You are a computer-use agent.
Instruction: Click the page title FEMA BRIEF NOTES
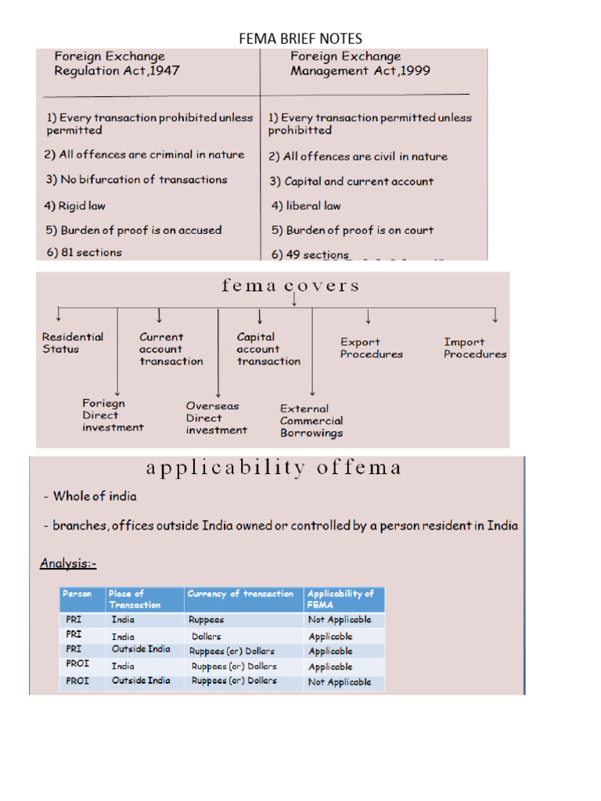(300, 38)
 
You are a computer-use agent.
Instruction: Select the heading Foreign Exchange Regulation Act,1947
(117, 63)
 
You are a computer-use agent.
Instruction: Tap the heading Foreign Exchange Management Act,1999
(360, 63)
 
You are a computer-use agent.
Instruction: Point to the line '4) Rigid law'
(75, 206)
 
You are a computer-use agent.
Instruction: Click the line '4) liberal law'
(306, 206)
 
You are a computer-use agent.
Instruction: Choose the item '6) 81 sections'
(84, 252)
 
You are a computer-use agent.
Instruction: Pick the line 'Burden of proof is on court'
(352, 230)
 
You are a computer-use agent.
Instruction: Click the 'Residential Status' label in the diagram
(73, 343)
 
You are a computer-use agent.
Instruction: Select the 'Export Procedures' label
(372, 348)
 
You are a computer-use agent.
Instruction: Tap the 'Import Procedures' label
(475, 348)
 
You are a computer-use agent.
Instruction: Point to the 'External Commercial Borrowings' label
(311, 420)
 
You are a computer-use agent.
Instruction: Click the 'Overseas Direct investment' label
(216, 418)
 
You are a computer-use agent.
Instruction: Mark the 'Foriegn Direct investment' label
(113, 415)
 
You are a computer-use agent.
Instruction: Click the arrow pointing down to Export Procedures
(368, 316)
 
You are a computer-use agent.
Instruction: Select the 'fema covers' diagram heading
(290, 286)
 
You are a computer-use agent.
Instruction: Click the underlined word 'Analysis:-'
(68, 563)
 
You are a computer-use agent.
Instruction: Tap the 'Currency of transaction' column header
(241, 594)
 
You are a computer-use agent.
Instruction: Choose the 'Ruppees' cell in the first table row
(207, 619)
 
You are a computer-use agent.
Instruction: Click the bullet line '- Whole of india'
(90, 496)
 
